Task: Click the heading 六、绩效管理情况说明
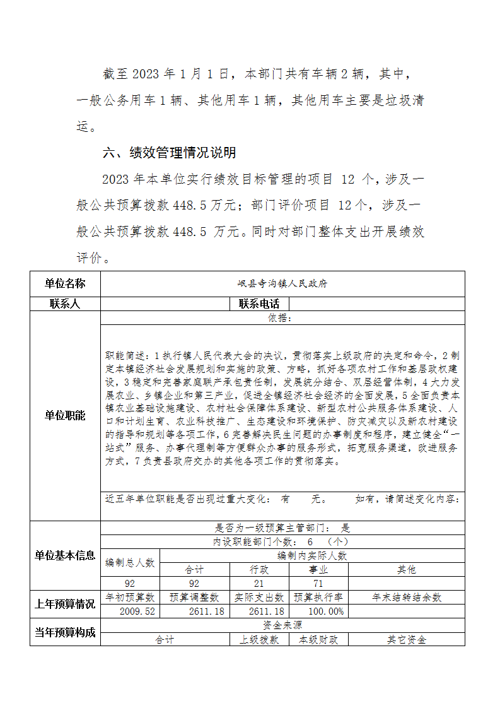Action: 170,153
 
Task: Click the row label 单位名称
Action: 65,283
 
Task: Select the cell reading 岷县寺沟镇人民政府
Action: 282,284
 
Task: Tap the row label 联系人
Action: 65,304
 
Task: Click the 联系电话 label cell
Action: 259,304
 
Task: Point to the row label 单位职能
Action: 65,416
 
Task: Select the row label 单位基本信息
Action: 65,555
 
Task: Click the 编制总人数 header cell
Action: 130,562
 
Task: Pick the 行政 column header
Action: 259,569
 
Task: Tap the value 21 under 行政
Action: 259,584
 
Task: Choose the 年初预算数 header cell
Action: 130,597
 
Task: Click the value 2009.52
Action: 137,611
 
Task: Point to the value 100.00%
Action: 326,611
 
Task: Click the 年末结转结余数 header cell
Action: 407,597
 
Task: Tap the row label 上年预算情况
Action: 65,604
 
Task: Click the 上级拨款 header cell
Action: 259,639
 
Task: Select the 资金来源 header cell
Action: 282,625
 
